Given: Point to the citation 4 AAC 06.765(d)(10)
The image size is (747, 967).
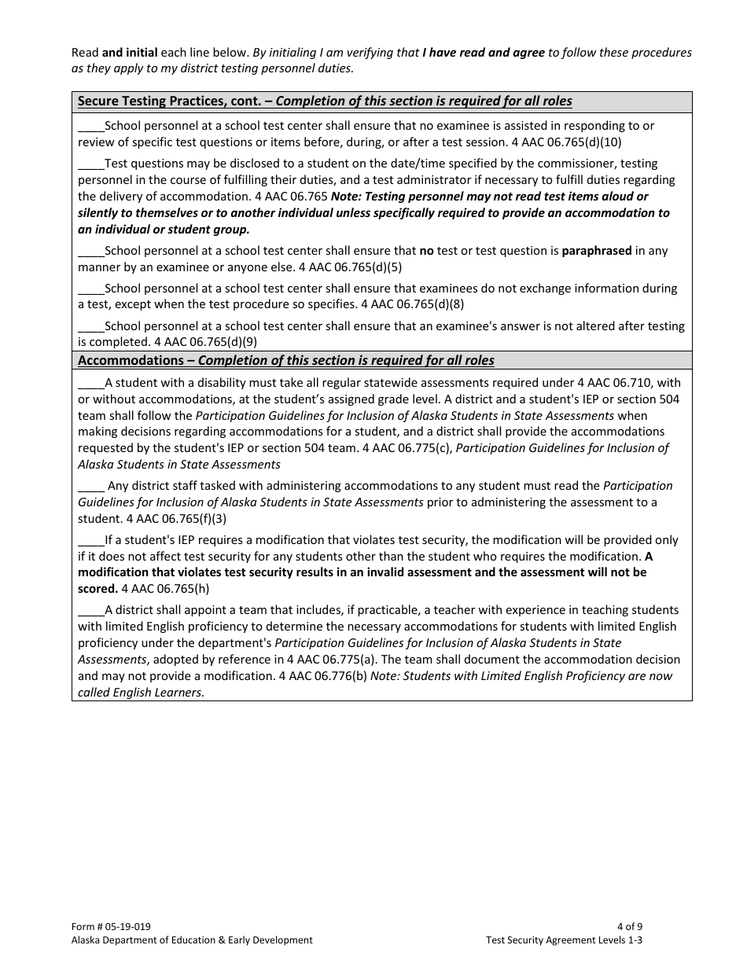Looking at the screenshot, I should [x=565, y=142].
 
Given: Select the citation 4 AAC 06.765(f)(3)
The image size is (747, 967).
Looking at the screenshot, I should [x=177, y=519].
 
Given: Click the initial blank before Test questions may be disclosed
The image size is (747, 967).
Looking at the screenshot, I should [x=91, y=164].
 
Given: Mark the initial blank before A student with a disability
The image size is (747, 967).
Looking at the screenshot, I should [x=91, y=384].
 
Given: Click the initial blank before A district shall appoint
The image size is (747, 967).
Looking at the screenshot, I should [x=91, y=611].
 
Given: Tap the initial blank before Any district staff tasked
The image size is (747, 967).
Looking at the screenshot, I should [x=91, y=487].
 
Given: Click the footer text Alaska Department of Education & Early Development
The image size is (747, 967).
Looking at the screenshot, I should [x=192, y=940].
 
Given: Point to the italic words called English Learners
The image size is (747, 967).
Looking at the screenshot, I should [x=142, y=693].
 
